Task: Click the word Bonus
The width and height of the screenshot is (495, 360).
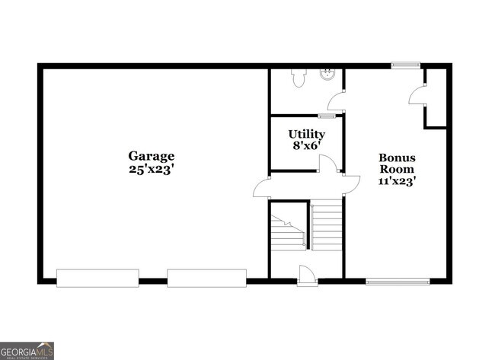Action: click(396, 157)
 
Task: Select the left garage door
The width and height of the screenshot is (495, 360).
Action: click(97, 278)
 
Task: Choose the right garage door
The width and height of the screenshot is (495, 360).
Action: click(207, 278)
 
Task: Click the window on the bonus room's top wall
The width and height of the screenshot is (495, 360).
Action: click(406, 65)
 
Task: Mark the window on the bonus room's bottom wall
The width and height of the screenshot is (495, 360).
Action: click(397, 282)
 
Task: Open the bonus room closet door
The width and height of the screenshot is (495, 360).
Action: click(417, 95)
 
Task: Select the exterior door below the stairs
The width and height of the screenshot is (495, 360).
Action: click(308, 276)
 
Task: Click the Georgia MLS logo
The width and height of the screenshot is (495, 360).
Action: click(27, 350)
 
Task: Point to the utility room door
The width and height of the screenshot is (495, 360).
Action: click(327, 164)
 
